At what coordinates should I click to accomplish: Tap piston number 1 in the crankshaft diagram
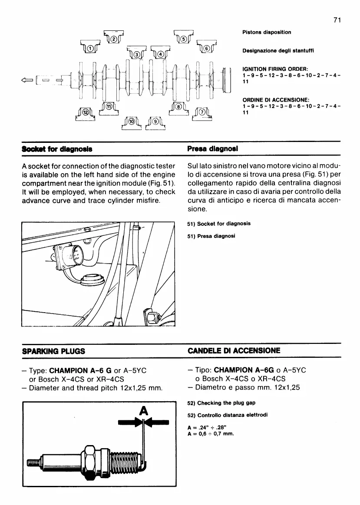[x=90, y=48]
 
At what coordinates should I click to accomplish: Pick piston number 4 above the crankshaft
[x=160, y=54]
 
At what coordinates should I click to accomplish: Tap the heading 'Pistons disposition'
[x=267, y=32]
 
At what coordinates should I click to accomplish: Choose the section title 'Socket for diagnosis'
[x=56, y=148]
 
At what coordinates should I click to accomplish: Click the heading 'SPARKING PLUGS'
[x=53, y=350]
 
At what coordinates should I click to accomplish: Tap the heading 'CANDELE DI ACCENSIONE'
[x=234, y=350]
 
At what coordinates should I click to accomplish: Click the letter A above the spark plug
[x=143, y=410]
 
